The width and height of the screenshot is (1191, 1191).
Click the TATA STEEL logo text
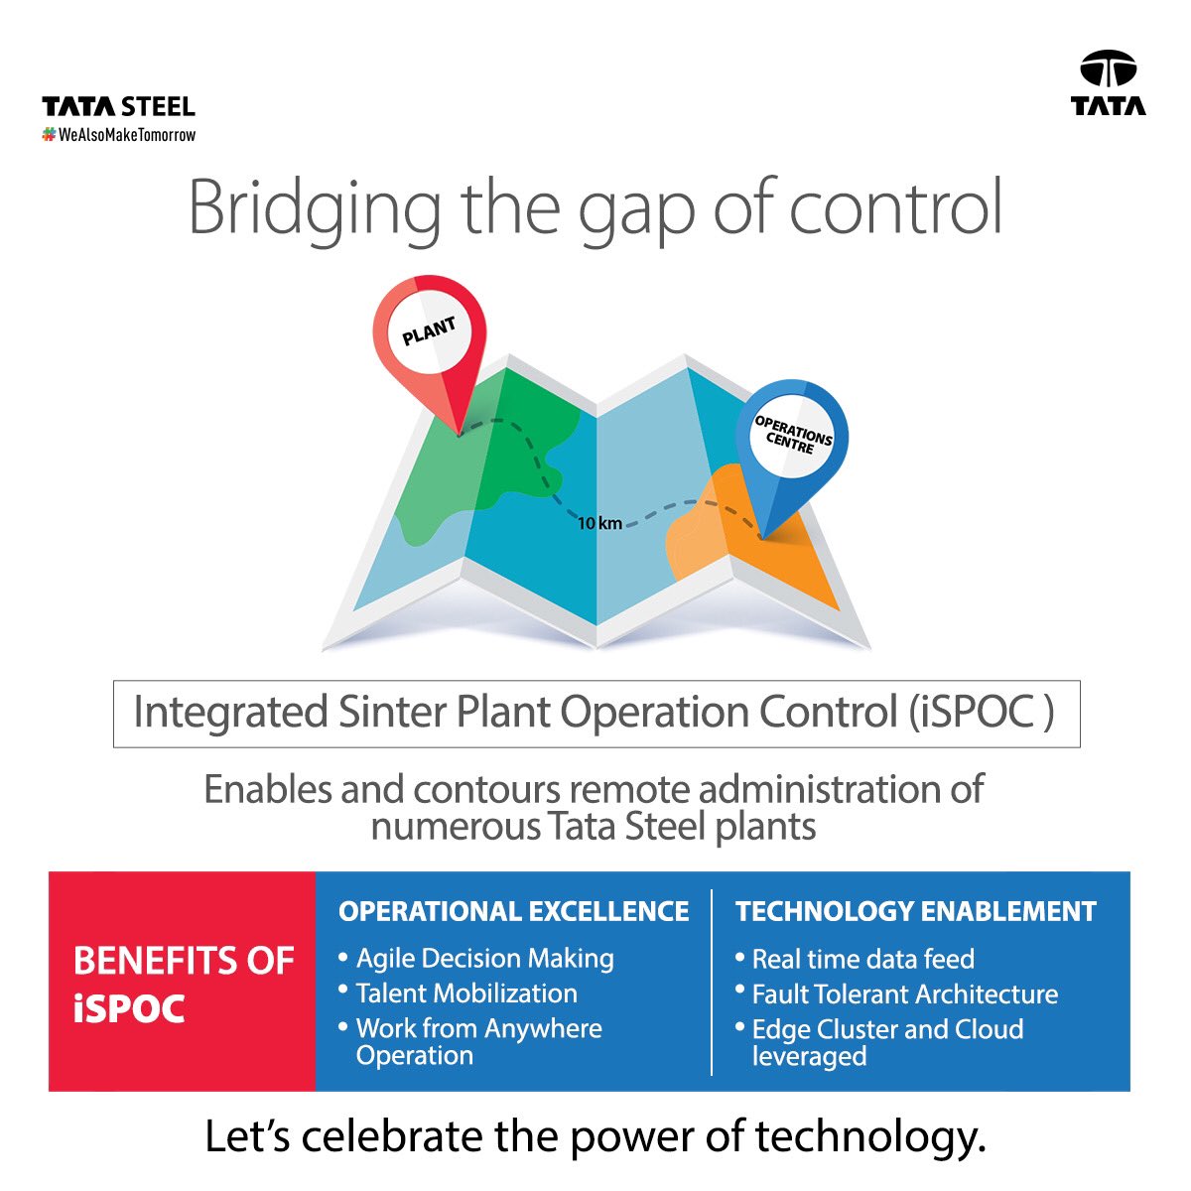[119, 107]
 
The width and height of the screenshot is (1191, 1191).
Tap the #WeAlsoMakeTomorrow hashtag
[119, 135]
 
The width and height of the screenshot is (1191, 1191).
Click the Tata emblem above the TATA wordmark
[1108, 68]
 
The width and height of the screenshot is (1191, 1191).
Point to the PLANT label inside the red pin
[429, 331]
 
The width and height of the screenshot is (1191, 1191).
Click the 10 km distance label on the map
[598, 523]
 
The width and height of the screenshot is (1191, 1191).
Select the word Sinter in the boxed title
[392, 712]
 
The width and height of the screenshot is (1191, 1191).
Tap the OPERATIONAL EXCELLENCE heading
[513, 912]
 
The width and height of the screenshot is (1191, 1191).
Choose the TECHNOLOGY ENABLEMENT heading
[916, 912]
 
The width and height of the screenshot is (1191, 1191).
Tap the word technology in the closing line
[870, 1137]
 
